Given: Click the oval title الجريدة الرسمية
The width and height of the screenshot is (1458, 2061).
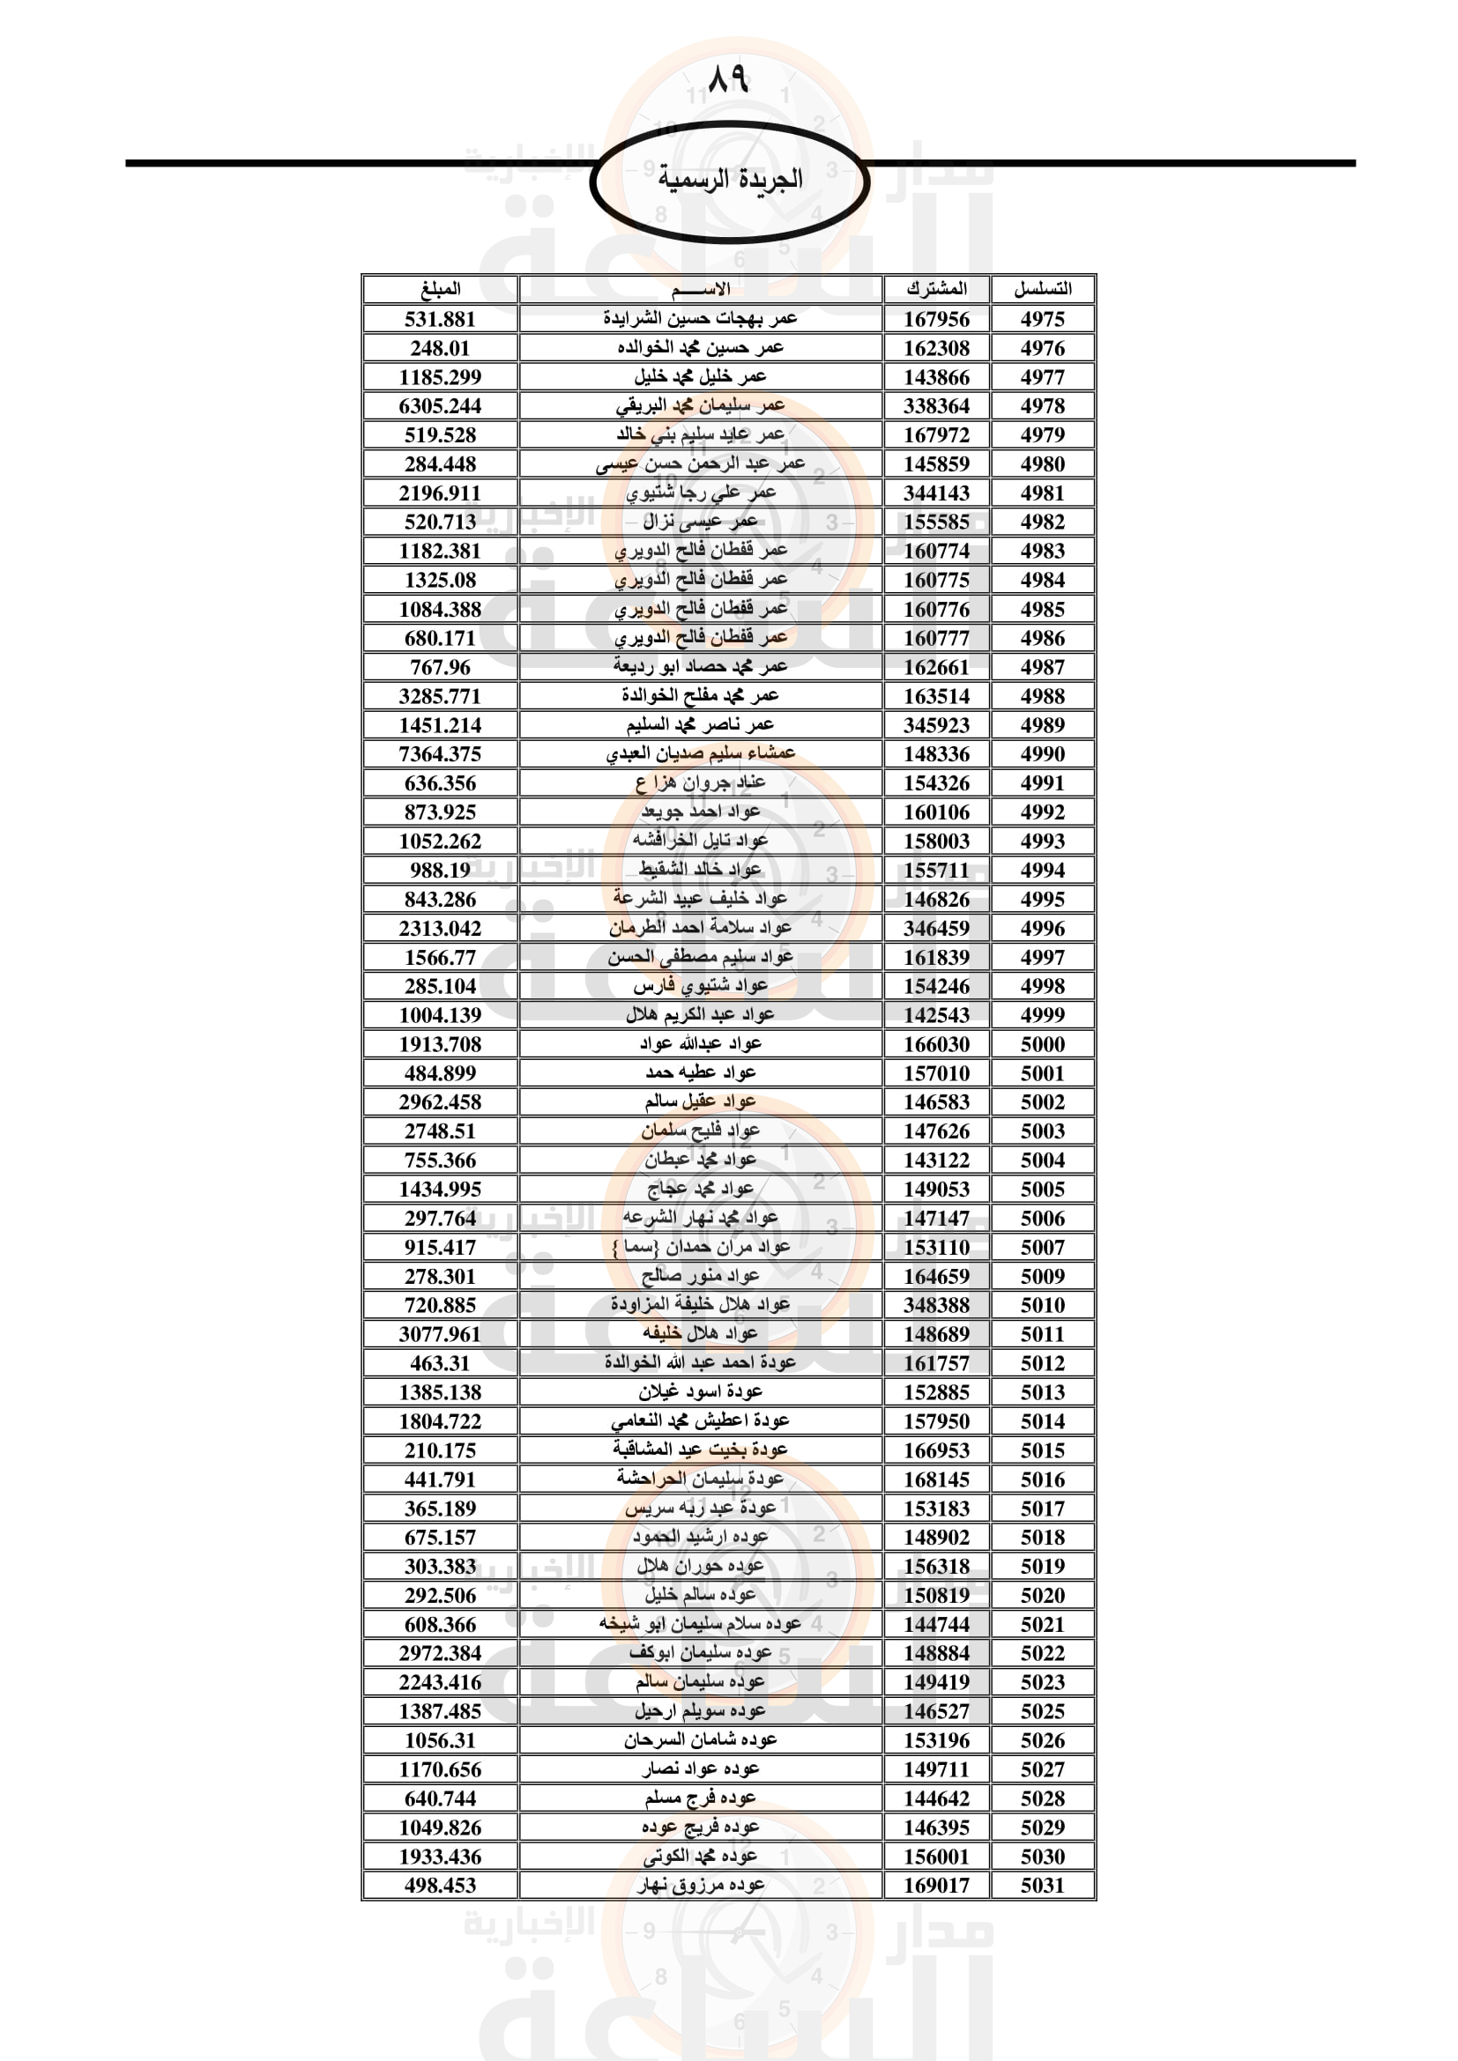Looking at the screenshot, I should [x=729, y=180].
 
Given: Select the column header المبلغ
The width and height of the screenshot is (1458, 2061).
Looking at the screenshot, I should [x=440, y=289].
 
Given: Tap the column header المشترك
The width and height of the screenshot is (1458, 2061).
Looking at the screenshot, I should [x=936, y=289].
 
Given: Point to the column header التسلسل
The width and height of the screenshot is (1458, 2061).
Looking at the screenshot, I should [x=1042, y=289].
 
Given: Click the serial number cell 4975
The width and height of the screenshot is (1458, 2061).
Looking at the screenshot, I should [x=1042, y=319].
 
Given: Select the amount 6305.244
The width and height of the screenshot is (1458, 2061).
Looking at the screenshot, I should [x=440, y=405].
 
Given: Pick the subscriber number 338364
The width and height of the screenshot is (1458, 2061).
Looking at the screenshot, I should [x=936, y=405].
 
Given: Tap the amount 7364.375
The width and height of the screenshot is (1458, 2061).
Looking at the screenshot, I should [x=440, y=754].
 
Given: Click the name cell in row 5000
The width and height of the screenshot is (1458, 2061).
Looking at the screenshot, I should [x=700, y=1044].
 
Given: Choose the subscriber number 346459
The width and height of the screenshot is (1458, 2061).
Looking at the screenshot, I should [x=936, y=928].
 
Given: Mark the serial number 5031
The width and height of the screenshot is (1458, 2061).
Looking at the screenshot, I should [x=1042, y=1885].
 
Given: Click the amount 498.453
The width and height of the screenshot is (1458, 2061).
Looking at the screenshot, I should [x=440, y=1885].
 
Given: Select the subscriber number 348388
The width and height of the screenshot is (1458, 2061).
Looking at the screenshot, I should [x=936, y=1305].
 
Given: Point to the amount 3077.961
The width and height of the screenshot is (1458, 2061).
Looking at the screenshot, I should [x=440, y=1334].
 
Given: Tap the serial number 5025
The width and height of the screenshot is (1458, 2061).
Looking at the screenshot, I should [x=1042, y=1711].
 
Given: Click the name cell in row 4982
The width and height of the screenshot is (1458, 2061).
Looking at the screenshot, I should [x=700, y=522].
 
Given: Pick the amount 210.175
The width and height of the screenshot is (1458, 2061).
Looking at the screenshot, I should [x=440, y=1449].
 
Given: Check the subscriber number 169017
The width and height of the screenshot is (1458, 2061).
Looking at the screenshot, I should [x=936, y=1885].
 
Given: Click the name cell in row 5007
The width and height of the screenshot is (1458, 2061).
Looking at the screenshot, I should [x=700, y=1247].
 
